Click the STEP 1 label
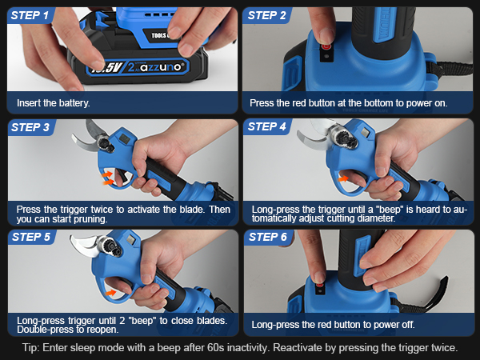click(x=31, y=15)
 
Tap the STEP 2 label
click(x=267, y=15)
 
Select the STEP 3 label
click(x=31, y=126)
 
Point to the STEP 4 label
click(x=267, y=126)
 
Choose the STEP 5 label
click(x=31, y=237)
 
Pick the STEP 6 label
click(x=267, y=237)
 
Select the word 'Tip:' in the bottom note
click(x=34, y=348)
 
